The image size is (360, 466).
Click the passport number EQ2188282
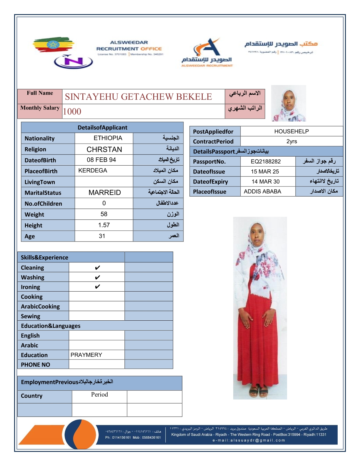click(x=266, y=162)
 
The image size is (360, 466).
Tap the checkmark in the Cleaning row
click(x=97, y=268)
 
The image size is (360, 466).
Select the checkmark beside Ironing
click(x=97, y=287)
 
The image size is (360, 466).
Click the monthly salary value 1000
click(x=72, y=111)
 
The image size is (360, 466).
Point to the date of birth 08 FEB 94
click(x=101, y=160)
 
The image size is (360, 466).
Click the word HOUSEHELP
click(x=291, y=132)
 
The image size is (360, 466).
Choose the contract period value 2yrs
click(x=291, y=142)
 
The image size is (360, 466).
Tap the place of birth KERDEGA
click(x=93, y=171)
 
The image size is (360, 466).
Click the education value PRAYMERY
click(x=86, y=355)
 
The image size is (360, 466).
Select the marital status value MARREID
click(x=104, y=193)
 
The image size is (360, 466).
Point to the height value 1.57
click(x=104, y=225)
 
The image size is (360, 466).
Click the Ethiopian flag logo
click(x=53, y=45)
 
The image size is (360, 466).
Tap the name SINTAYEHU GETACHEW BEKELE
click(x=138, y=97)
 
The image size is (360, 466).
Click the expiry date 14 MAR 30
click(x=266, y=182)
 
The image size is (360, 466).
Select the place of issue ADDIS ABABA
click(x=262, y=192)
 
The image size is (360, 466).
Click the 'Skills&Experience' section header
click(x=44, y=257)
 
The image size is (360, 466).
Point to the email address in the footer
click(x=249, y=440)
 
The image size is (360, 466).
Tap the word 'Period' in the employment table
click(x=99, y=395)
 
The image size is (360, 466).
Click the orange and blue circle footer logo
click(x=80, y=434)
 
